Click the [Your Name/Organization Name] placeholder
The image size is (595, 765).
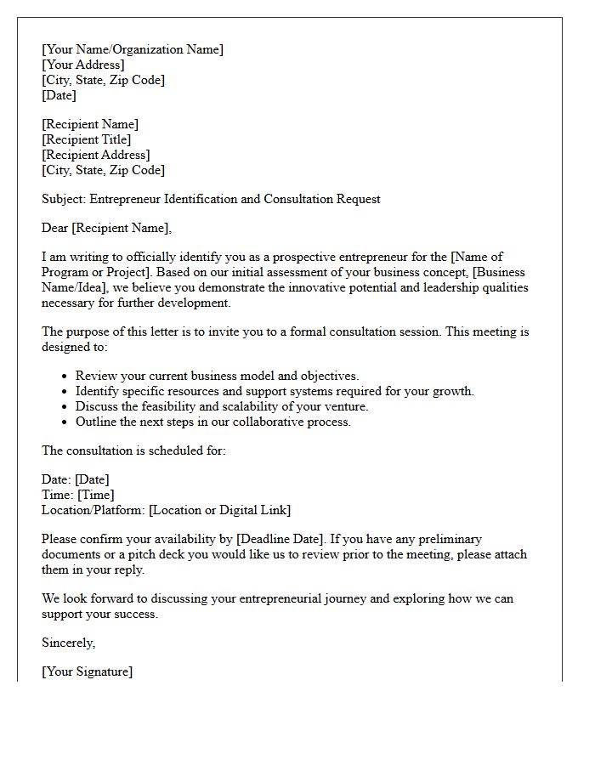point(133,49)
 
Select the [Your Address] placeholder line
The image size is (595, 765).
point(83,65)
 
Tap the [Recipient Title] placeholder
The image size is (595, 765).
point(87,139)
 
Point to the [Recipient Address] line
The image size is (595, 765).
point(96,155)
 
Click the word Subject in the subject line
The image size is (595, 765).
point(63,199)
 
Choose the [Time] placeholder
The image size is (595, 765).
point(96,495)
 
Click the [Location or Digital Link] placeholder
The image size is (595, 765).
point(220,510)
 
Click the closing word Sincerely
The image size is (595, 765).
point(68,643)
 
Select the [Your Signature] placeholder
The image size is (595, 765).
point(88,671)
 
